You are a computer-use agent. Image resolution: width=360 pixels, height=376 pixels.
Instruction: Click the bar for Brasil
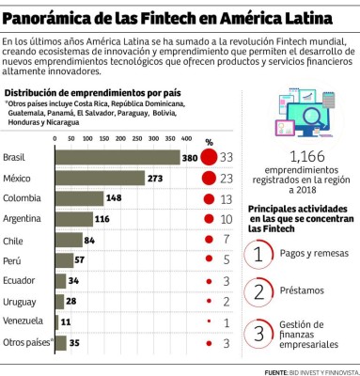click(x=117, y=157)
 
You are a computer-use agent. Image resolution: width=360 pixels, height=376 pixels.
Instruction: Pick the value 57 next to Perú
click(x=80, y=260)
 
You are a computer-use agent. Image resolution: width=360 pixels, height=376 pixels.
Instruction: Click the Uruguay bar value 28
click(x=72, y=301)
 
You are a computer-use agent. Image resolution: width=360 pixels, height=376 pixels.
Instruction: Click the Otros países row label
click(x=24, y=342)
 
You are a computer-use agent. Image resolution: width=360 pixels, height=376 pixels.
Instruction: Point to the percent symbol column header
click(x=210, y=142)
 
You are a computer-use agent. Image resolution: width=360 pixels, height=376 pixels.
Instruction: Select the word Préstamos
click(x=302, y=292)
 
